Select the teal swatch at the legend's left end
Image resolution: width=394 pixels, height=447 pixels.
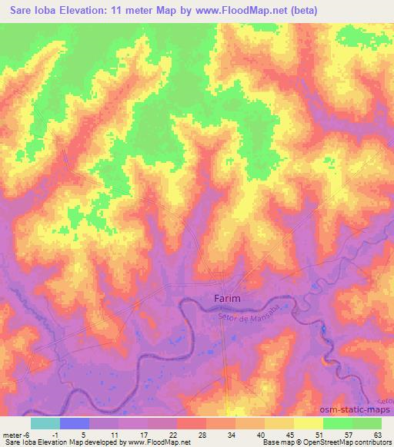45,423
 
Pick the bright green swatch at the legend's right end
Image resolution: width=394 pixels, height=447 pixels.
366,423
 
